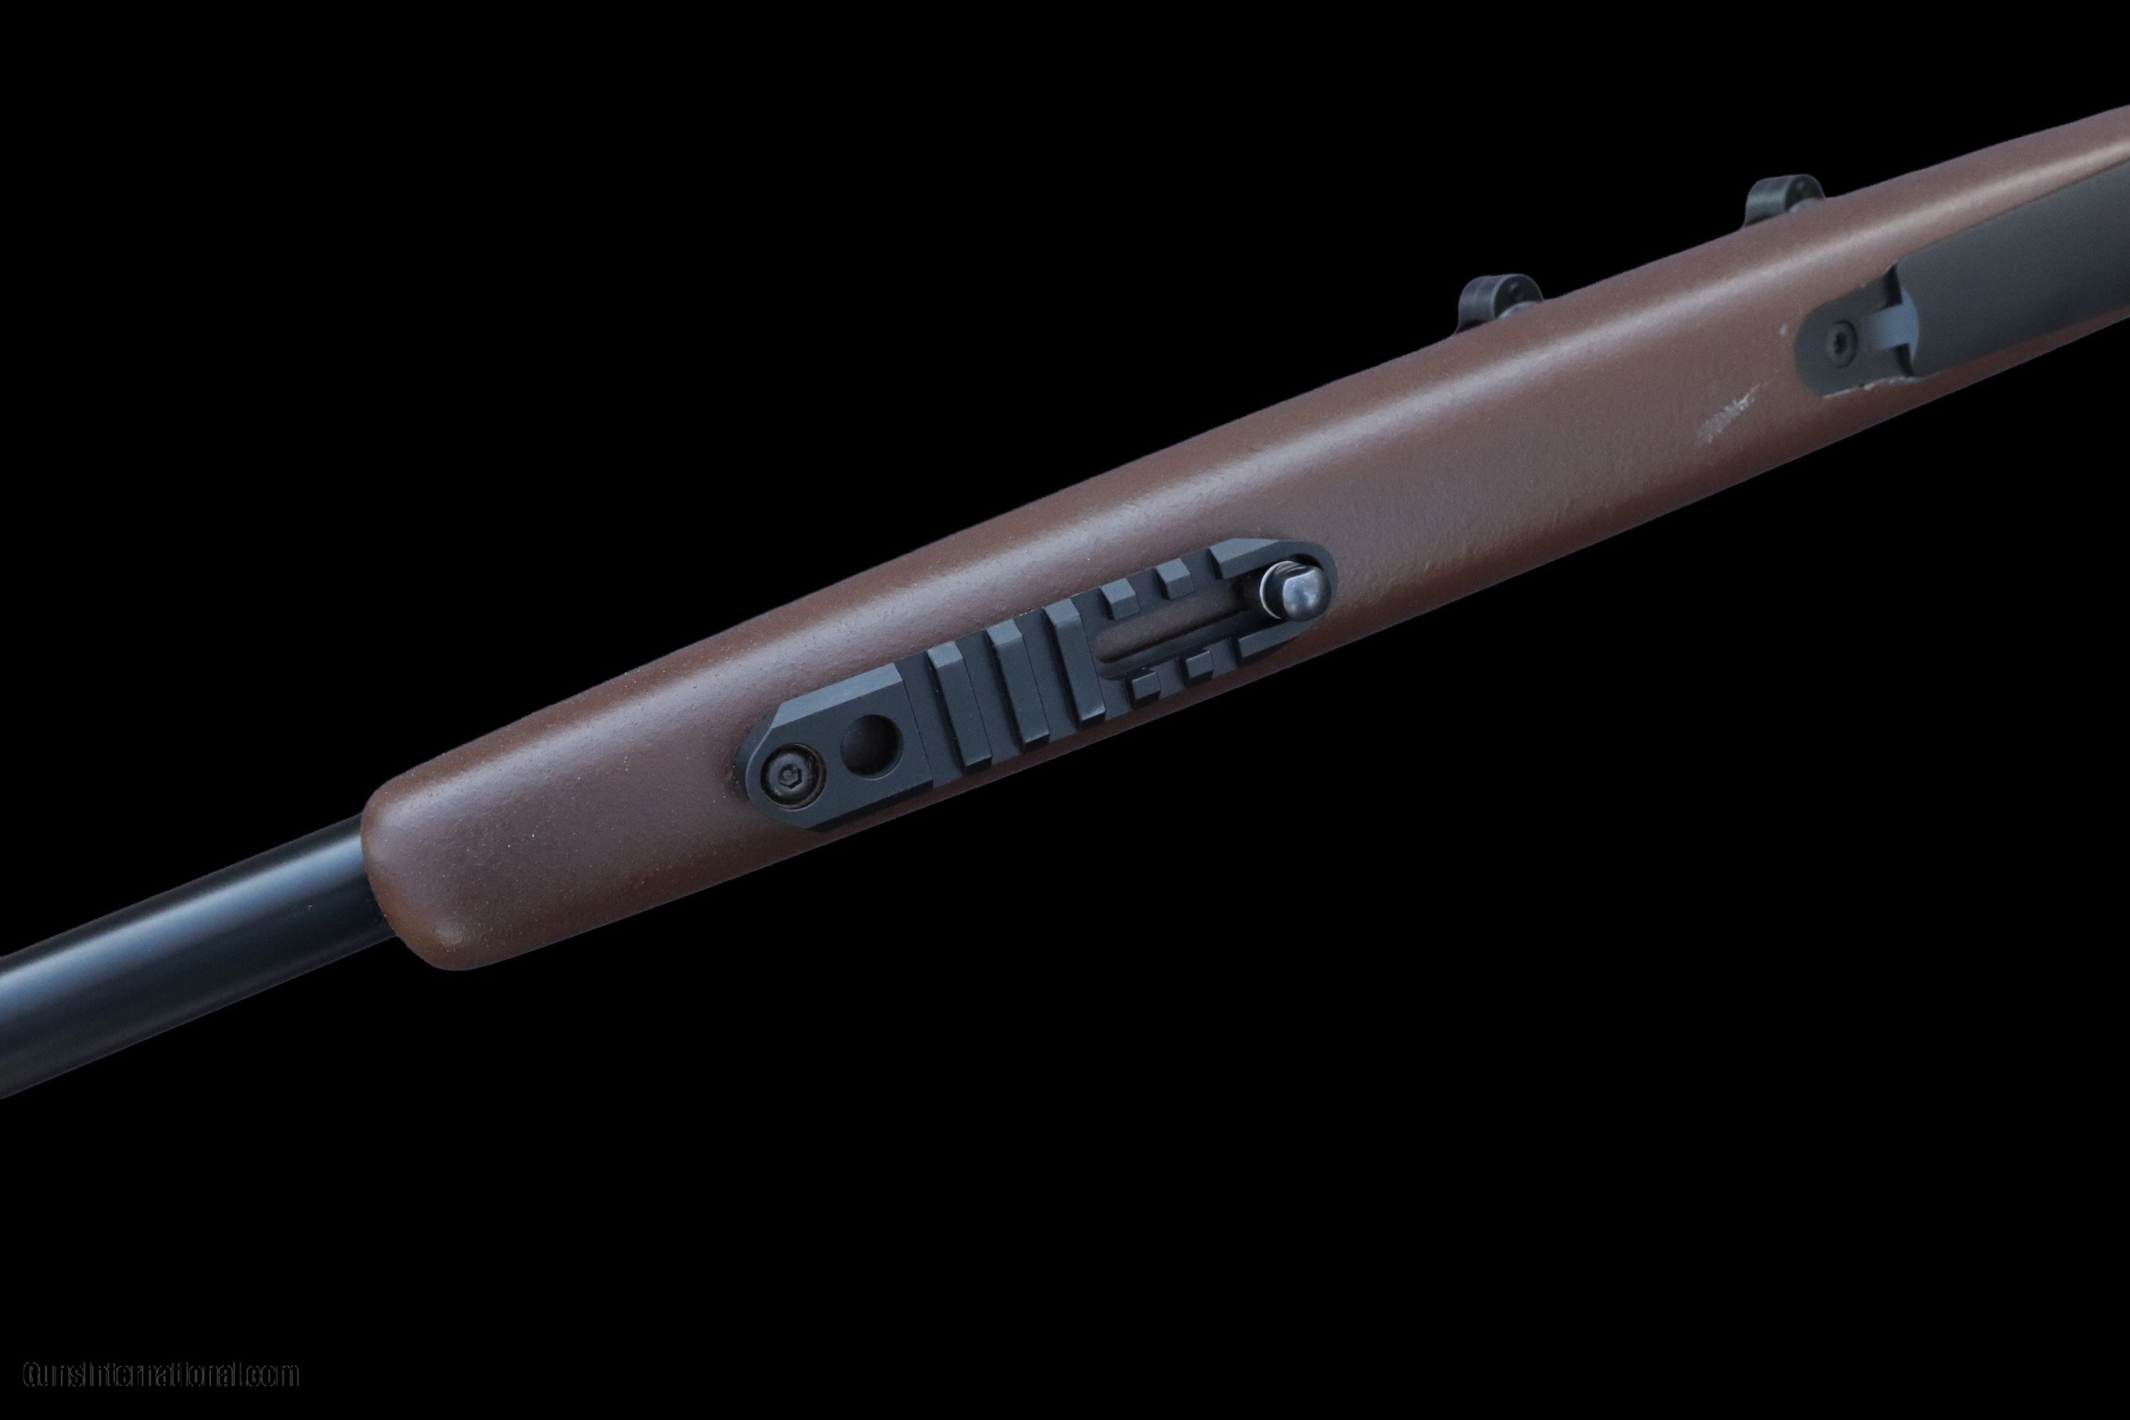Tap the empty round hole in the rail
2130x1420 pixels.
click(x=868, y=746)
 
